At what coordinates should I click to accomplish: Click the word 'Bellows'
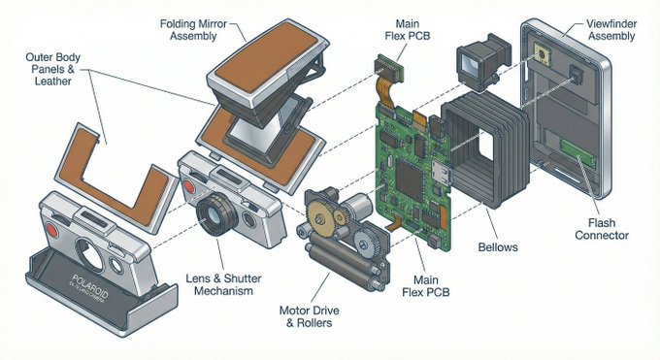coord(497,247)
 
